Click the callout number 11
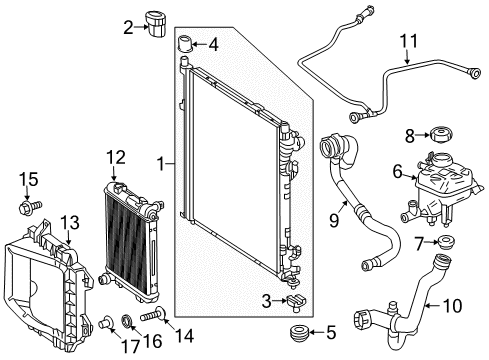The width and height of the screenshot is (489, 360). tap(409, 41)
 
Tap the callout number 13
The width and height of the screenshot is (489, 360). tap(70, 223)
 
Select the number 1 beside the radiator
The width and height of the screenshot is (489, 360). tap(161, 164)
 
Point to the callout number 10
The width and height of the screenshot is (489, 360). tap(453, 305)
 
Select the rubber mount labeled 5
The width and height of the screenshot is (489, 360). tap(299, 333)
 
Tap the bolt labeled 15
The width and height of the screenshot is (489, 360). tap(30, 207)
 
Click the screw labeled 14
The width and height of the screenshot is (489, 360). tap(152, 314)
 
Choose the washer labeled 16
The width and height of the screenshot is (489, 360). tap(127, 321)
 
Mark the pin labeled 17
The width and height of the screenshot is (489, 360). tap(106, 322)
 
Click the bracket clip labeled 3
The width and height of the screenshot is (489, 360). tap(296, 302)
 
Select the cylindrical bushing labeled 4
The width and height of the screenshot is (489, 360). tap(187, 43)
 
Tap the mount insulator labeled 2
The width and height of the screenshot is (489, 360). tap(155, 24)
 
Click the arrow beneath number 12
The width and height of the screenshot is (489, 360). tap(114, 174)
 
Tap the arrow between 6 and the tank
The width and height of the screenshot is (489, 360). tap(409, 175)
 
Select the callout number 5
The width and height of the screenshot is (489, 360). tap(331, 332)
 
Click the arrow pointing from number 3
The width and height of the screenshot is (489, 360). tap(280, 301)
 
